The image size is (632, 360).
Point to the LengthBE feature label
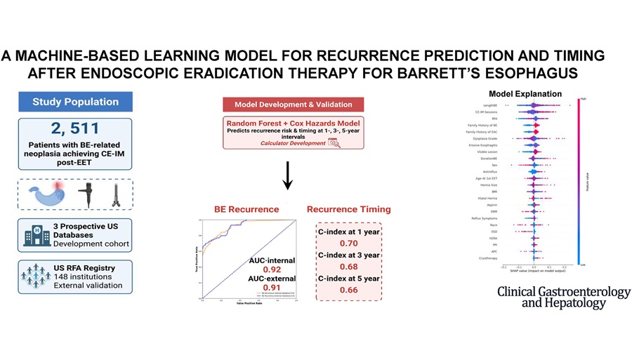(x=481, y=105)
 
